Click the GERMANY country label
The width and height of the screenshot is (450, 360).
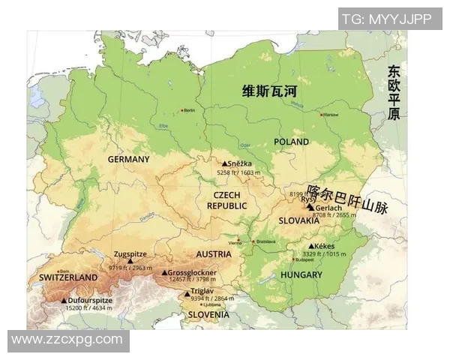(x=128, y=159)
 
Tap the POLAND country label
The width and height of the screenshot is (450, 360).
(x=291, y=142)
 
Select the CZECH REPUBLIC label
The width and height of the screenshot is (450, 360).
(x=226, y=200)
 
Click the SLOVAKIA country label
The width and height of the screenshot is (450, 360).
(x=298, y=221)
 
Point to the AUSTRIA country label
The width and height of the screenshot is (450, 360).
(x=214, y=254)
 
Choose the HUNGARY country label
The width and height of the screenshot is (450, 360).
(x=301, y=274)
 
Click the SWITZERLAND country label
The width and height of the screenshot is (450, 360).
(x=68, y=277)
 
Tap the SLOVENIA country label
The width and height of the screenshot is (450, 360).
(x=208, y=315)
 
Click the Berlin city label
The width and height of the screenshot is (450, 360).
(x=188, y=110)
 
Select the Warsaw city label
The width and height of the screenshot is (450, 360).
(x=331, y=115)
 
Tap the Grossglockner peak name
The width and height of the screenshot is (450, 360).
(x=193, y=272)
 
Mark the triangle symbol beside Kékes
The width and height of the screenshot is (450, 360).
(x=311, y=246)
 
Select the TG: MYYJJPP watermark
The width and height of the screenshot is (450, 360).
(x=386, y=19)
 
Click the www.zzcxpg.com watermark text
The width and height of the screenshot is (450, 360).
(x=67, y=340)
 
